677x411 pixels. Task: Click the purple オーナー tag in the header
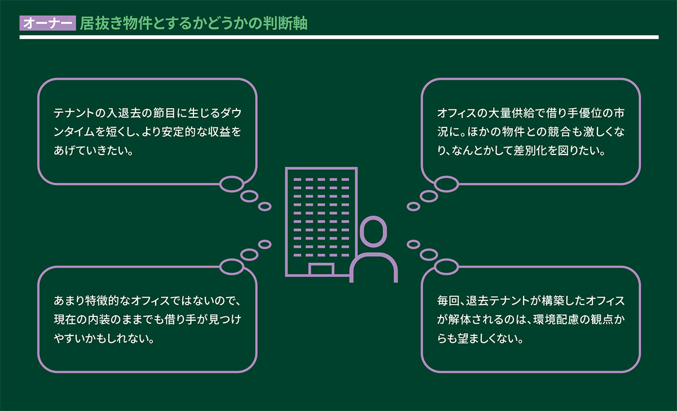click(47, 24)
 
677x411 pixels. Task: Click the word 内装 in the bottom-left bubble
click(111, 320)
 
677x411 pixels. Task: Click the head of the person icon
click(373, 233)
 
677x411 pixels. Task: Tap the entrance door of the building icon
click(321, 269)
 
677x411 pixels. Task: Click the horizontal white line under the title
click(338, 38)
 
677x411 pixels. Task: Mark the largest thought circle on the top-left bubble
click(231, 183)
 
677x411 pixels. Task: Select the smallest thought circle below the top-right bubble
click(413, 206)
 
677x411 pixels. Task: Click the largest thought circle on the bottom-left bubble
click(231, 266)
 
